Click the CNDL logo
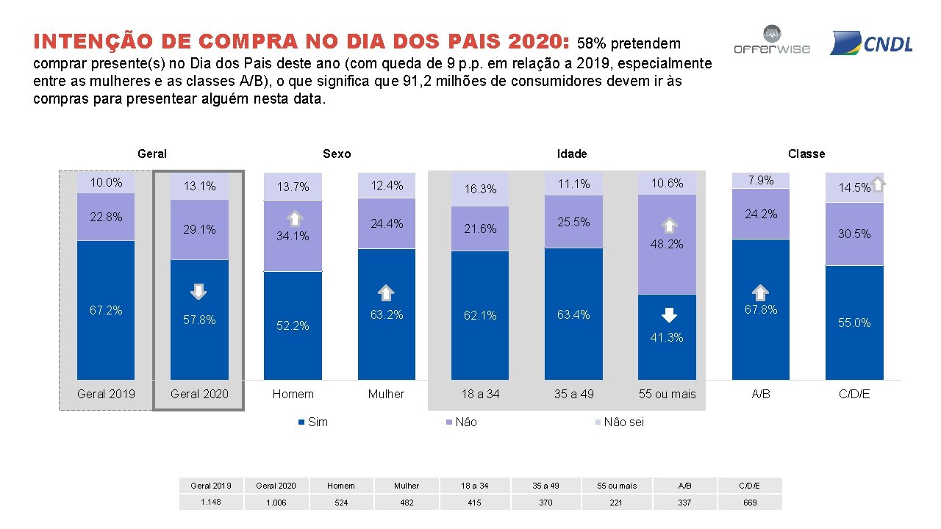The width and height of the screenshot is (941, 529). (x=871, y=43)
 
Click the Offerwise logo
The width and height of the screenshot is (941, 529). (x=772, y=41)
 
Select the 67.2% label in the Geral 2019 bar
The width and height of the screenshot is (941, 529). (x=106, y=310)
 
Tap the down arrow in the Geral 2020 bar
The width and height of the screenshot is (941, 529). (x=198, y=292)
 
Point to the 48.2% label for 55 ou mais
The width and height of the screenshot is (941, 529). (x=667, y=244)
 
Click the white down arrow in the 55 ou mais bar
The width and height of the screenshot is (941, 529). (x=668, y=315)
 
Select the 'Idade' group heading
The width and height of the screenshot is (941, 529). (x=572, y=154)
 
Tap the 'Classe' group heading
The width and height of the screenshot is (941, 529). (x=806, y=154)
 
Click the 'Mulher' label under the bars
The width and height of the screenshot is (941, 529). (x=386, y=394)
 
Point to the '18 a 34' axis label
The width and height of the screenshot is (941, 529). (x=480, y=394)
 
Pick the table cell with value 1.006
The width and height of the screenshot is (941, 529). (x=276, y=503)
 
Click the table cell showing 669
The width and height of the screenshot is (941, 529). (x=749, y=503)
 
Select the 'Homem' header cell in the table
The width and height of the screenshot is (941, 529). (x=340, y=486)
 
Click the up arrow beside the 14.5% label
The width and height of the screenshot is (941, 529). (x=879, y=184)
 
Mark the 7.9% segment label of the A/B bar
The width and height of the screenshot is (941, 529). (x=761, y=180)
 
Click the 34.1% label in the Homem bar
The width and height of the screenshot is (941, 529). (x=293, y=236)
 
